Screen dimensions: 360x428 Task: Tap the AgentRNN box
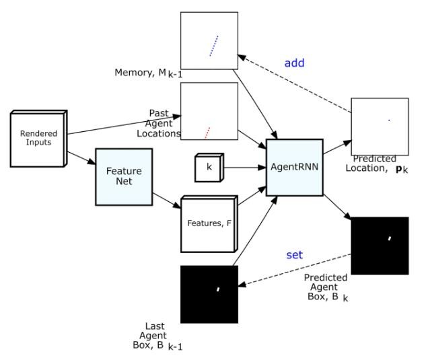pos(294,168)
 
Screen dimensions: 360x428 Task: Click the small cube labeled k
pos(208,167)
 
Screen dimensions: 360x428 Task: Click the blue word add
pos(294,63)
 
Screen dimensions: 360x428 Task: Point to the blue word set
pos(294,255)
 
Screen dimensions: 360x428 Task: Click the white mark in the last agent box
pos(218,289)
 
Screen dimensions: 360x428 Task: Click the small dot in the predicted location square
pos(389,120)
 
